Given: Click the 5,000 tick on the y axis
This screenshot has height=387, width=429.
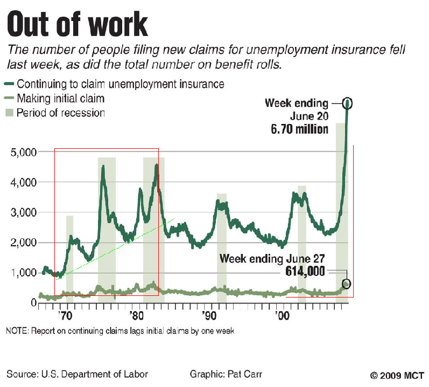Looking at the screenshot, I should click(x=23, y=153).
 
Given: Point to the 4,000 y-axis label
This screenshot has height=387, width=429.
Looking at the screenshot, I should click(x=23, y=183).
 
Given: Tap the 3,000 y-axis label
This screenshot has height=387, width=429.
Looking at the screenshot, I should click(x=23, y=213).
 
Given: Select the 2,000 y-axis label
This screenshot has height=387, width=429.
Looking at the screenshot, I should click(x=23, y=243).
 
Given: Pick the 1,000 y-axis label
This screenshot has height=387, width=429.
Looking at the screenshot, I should click(x=23, y=273).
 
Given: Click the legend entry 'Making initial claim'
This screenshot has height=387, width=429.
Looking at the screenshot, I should click(x=60, y=99).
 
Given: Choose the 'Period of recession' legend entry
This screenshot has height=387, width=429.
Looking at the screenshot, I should click(x=60, y=113).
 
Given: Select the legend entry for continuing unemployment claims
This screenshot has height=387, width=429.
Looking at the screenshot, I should click(x=120, y=84).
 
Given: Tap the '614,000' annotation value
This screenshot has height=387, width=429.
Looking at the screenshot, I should click(x=305, y=272).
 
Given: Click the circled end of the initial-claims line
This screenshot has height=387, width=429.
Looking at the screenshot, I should click(x=346, y=284).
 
